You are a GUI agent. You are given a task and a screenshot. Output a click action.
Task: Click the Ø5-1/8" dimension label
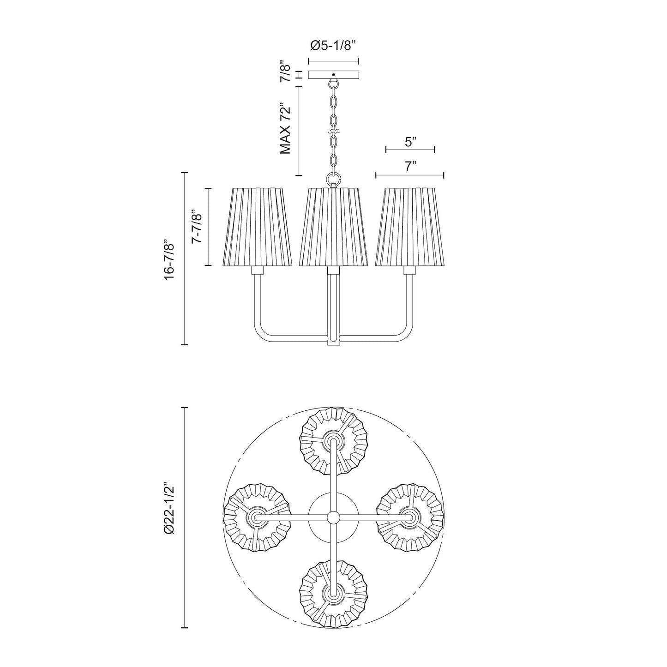tap(333, 45)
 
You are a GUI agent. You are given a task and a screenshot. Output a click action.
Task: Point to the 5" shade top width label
tap(410, 142)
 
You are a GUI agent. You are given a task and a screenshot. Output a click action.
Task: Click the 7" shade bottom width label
tap(410, 167)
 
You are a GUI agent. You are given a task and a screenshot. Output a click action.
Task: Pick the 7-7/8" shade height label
tap(198, 227)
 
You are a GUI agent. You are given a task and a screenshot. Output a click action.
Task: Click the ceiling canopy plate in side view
tap(333, 75)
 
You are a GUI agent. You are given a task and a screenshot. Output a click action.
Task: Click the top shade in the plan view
tap(333, 441)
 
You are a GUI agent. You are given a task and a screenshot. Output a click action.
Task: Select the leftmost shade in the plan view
tap(257, 517)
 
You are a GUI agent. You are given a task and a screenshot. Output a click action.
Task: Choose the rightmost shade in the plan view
tap(410, 517)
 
